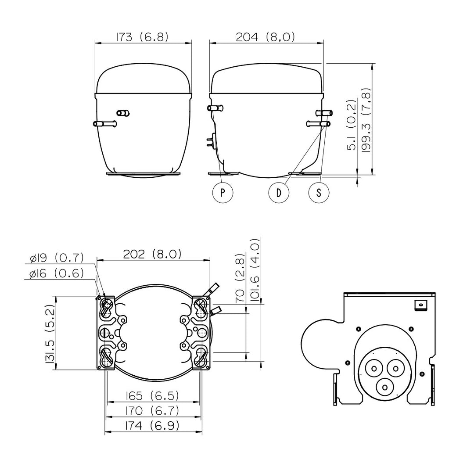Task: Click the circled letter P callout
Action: point(223,193)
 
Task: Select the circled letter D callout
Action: point(279,193)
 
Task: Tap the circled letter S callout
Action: point(319,193)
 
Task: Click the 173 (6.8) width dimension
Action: point(142,37)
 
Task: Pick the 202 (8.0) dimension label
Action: point(152,254)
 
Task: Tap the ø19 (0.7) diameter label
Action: point(57,258)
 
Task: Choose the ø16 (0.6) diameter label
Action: point(57,273)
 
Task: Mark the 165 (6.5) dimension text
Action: point(152,395)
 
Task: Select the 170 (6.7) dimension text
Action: point(152,410)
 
